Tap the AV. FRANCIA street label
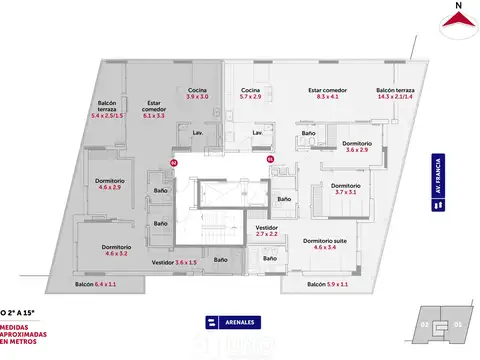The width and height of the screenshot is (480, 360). [437, 183]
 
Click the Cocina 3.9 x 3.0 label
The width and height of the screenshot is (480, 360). [197, 93]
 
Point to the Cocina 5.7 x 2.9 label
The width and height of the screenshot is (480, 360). [250, 93]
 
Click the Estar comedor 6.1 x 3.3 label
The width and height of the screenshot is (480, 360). [154, 107]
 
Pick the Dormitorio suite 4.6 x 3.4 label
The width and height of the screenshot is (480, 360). [326, 243]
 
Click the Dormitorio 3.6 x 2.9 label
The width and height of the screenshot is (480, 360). [357, 146]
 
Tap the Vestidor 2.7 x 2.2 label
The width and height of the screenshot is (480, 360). [267, 230]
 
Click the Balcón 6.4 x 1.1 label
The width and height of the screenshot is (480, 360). [97, 285]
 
